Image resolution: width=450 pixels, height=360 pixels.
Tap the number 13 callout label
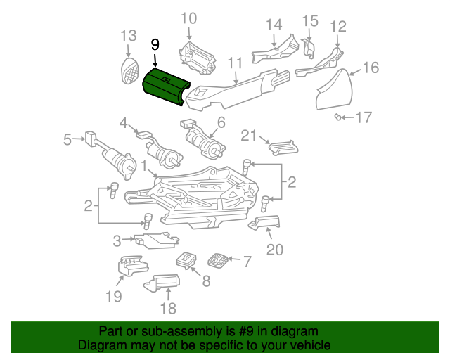(x=128, y=36)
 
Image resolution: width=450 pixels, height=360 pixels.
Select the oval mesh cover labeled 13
(x=129, y=70)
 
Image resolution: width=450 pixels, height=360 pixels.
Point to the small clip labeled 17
(x=340, y=116)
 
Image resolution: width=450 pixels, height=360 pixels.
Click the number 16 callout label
(x=371, y=68)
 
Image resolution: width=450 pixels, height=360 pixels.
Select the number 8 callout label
(x=206, y=282)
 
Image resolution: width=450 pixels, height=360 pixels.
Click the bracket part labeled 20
(x=265, y=224)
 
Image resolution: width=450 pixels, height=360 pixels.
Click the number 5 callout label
(x=67, y=140)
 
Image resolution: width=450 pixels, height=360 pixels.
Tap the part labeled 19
(x=131, y=267)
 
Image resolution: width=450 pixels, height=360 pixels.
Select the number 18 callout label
(x=168, y=309)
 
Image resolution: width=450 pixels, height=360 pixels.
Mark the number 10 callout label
(x=189, y=18)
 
